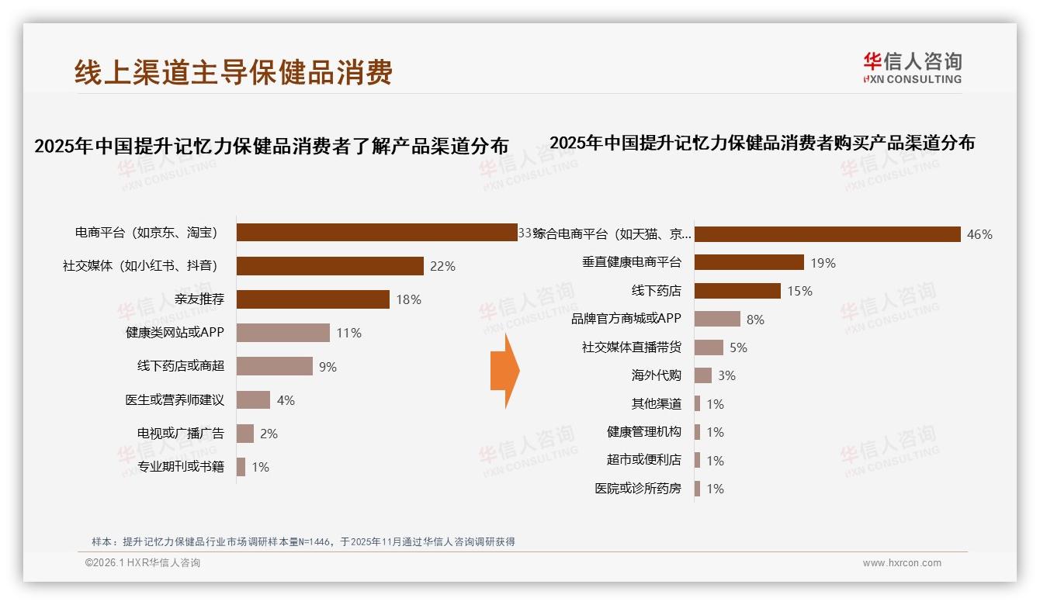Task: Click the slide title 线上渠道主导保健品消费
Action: point(234,72)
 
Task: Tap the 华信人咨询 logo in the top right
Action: point(912,67)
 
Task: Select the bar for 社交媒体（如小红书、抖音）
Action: point(330,266)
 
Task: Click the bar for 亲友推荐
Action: point(313,299)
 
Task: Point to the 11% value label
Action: point(348,334)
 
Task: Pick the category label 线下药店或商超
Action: point(180,367)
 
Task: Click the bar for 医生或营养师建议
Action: point(253,400)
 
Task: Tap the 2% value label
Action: point(269,434)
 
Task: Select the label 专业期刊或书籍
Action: point(180,467)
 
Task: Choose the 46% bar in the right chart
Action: point(827,234)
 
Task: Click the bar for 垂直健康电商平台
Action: point(749,262)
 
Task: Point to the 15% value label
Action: point(799,291)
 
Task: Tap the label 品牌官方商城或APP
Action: point(626,319)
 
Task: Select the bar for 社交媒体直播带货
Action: point(709,347)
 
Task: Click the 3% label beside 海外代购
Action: point(726,375)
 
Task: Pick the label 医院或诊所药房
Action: point(638,489)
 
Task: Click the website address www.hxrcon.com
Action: point(902,563)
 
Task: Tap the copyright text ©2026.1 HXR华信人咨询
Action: point(143,563)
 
